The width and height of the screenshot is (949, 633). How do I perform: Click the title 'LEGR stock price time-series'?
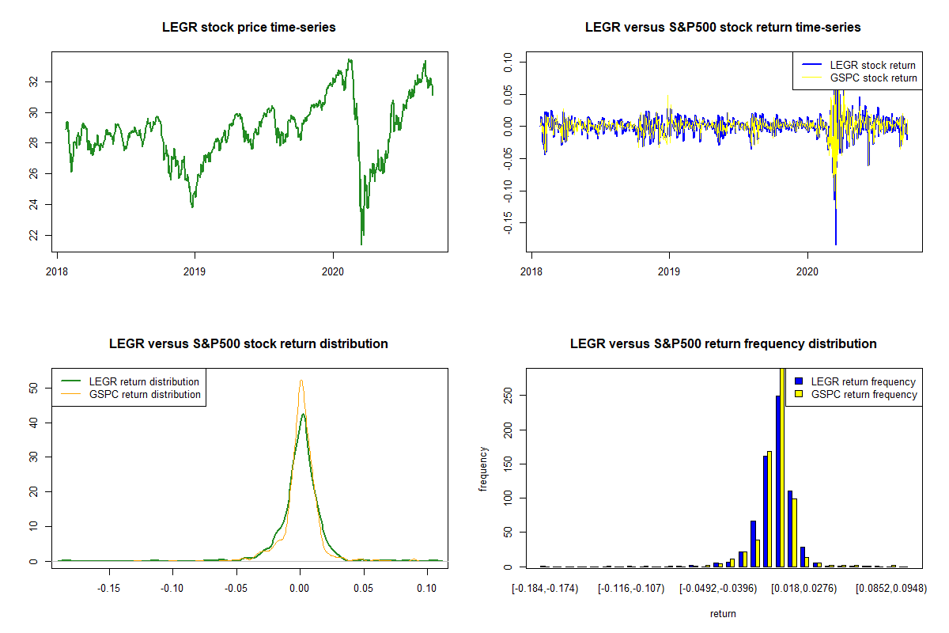click(248, 28)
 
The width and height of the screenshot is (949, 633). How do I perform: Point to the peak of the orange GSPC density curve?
click(301, 381)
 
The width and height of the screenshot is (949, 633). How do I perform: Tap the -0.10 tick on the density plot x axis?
click(172, 588)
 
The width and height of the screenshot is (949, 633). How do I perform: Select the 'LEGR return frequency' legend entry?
click(857, 381)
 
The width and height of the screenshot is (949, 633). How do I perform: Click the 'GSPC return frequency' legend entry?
click(857, 394)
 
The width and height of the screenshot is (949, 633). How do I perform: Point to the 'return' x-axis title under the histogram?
click(723, 613)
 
